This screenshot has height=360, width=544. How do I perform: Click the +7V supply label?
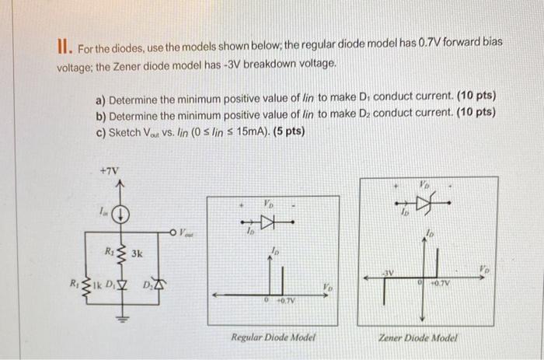point(109,170)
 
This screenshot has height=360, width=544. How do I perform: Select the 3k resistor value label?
point(138,253)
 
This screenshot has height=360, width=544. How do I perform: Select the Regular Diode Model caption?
point(272,337)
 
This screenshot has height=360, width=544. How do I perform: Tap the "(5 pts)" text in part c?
point(288,130)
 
